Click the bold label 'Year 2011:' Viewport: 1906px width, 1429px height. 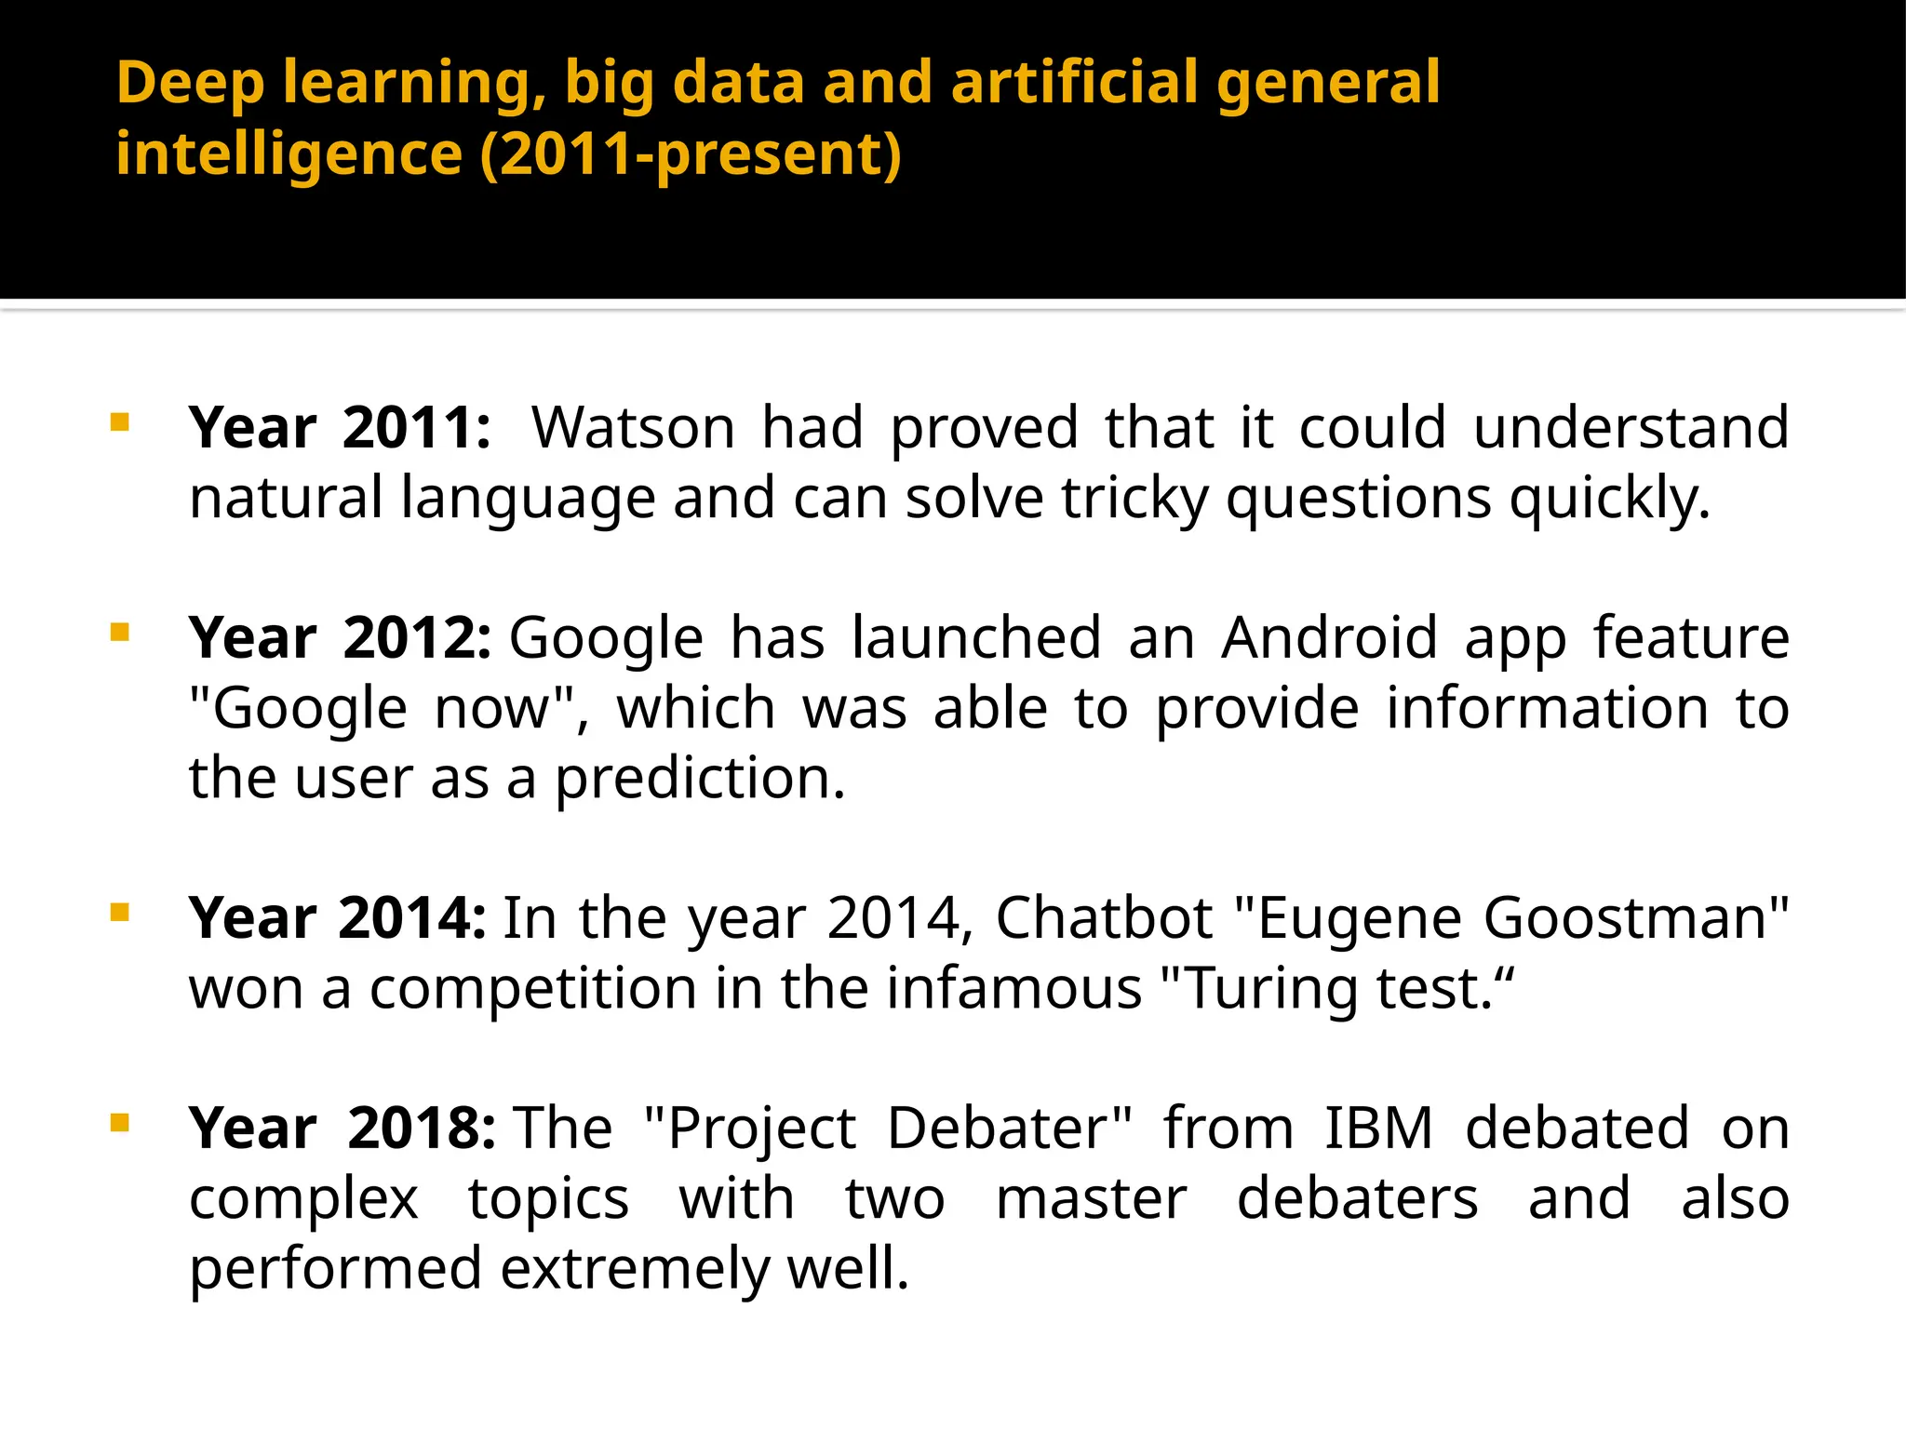coord(339,428)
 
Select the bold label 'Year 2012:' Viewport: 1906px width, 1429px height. coord(339,638)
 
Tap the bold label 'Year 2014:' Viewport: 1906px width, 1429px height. coord(337,918)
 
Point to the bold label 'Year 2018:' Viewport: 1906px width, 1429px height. coord(342,1129)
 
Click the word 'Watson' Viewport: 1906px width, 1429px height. coord(633,428)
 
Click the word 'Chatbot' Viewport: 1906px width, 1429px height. coord(1104,918)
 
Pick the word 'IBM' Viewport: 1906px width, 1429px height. coord(1378,1129)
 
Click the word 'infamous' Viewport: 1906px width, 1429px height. coord(1013,988)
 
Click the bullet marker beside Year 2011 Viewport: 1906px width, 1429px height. coord(119,423)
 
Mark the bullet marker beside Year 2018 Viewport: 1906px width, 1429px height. coord(119,1124)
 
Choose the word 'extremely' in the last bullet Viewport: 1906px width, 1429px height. coord(634,1269)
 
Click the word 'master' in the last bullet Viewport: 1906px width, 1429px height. coord(1091,1198)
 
